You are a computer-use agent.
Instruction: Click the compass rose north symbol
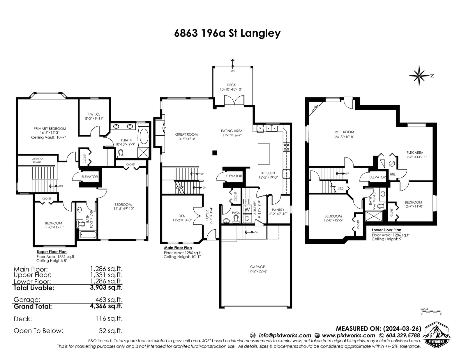(x=419, y=76)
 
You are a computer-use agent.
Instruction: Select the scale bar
(x=431, y=311)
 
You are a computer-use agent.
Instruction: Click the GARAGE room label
(x=257, y=267)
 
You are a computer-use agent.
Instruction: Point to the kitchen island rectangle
(x=264, y=154)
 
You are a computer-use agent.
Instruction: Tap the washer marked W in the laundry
(x=247, y=209)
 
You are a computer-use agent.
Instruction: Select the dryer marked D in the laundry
(x=247, y=219)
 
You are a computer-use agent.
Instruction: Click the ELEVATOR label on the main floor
(x=234, y=176)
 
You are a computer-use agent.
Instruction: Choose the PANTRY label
(x=278, y=210)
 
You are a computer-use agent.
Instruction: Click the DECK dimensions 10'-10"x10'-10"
(x=231, y=89)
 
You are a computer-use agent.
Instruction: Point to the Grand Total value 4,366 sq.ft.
(x=106, y=306)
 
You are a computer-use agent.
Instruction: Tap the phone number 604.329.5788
(x=403, y=335)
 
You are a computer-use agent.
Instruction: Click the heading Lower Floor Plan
(x=386, y=230)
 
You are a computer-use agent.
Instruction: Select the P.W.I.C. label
(x=93, y=114)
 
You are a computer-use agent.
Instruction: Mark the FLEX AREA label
(x=415, y=152)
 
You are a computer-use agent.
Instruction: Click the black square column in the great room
(x=215, y=153)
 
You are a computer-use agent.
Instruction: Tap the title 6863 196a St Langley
(x=227, y=33)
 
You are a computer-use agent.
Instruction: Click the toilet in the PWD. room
(x=236, y=219)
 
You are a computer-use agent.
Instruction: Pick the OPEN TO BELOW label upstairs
(x=37, y=160)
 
